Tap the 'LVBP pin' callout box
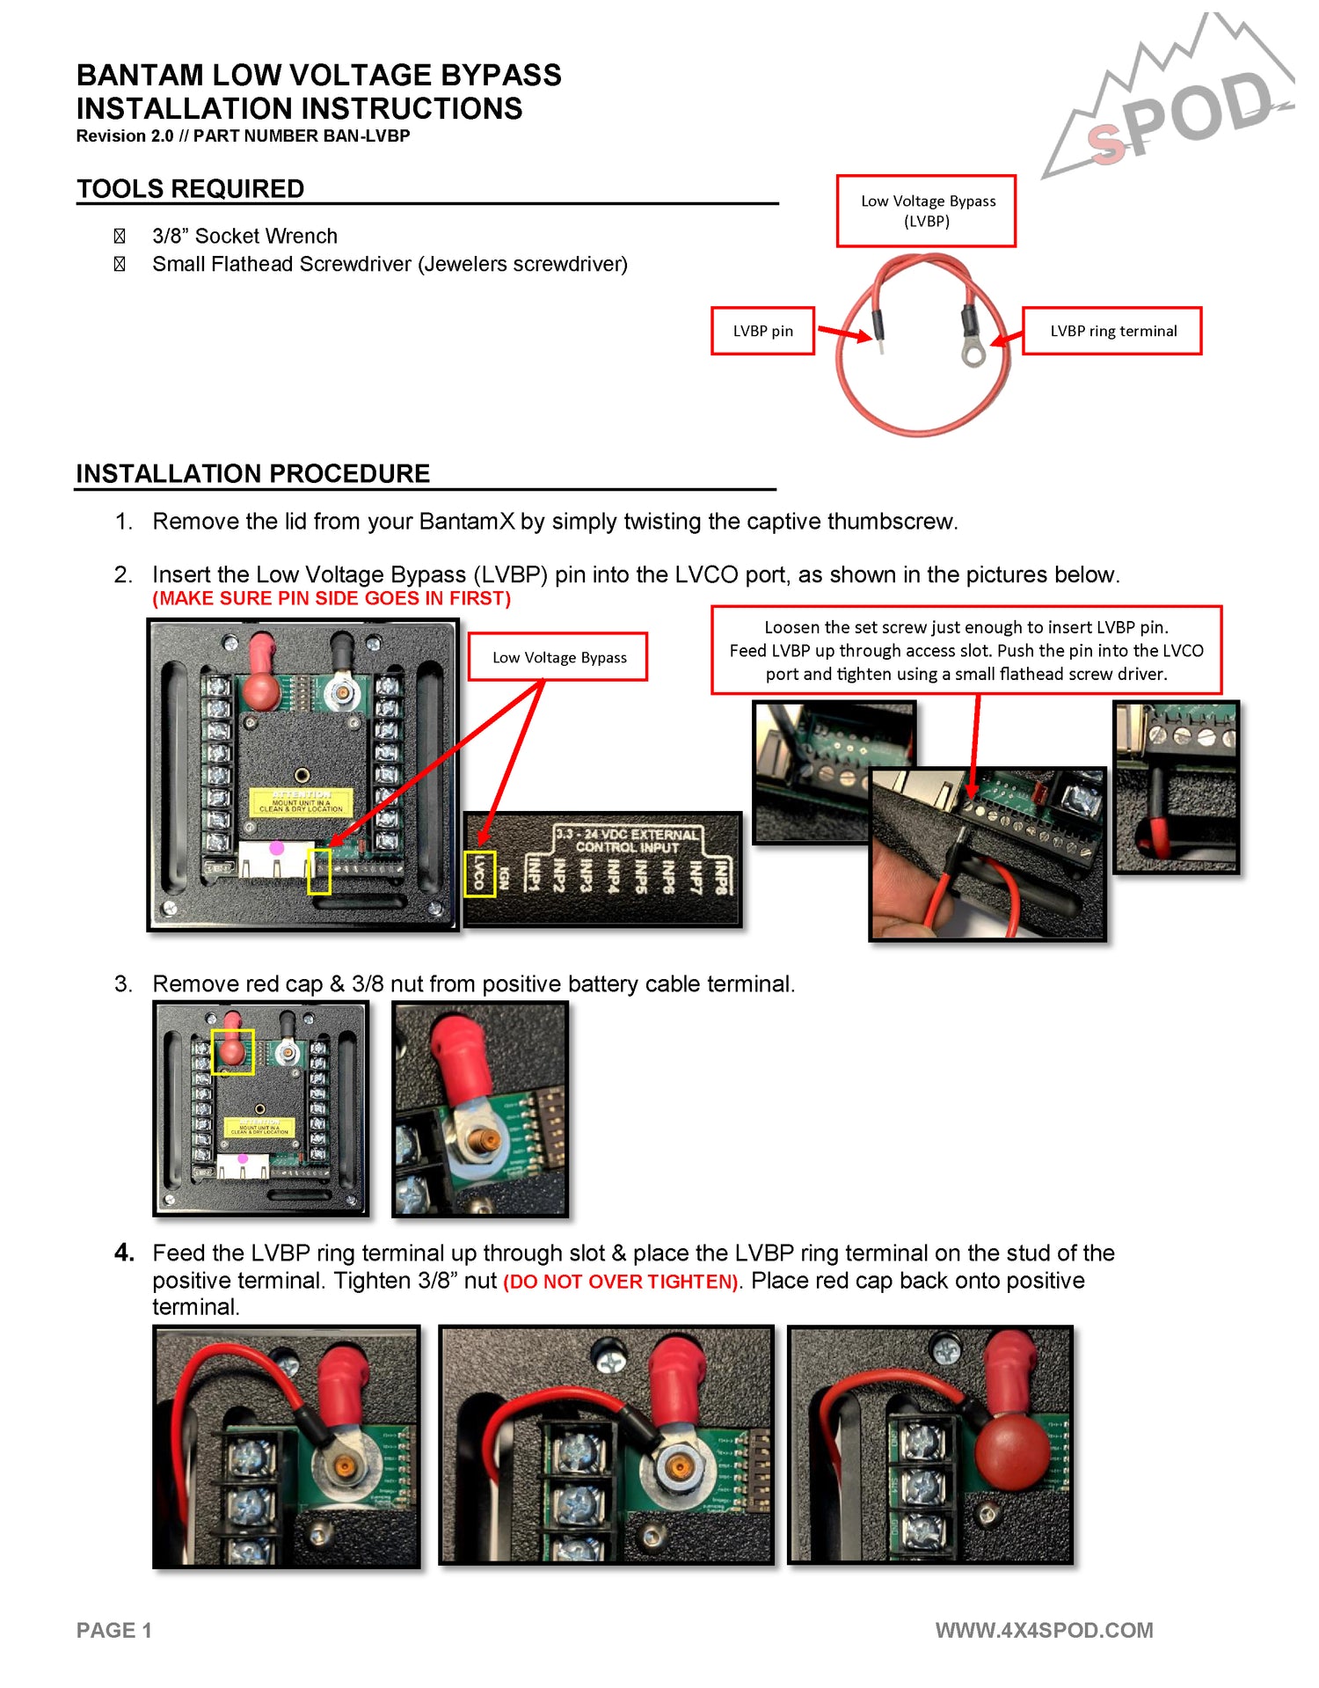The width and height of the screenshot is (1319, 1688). click(762, 331)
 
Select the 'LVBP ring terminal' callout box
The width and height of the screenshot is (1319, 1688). click(1112, 331)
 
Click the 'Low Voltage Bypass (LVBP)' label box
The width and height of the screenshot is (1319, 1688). click(927, 211)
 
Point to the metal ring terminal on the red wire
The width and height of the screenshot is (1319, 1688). click(973, 354)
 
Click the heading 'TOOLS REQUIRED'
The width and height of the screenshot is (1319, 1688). click(190, 189)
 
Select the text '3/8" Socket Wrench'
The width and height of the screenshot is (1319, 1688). click(244, 236)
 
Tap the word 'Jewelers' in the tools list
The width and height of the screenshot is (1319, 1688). click(464, 264)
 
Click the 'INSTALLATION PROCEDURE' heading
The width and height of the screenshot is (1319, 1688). click(252, 473)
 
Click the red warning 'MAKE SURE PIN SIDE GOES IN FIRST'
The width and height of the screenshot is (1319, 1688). click(332, 598)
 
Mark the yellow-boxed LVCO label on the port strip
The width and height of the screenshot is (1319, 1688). click(480, 874)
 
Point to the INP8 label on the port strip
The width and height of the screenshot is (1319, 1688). click(720, 875)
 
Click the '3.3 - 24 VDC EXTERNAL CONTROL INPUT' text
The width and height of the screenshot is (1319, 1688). click(627, 840)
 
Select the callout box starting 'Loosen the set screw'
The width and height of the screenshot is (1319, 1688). click(966, 650)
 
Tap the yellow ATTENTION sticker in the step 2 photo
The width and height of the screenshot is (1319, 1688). click(301, 801)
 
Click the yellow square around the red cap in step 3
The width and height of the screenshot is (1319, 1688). click(233, 1051)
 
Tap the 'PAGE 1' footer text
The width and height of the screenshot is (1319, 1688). click(114, 1630)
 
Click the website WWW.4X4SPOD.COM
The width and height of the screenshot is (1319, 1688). click(1044, 1630)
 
